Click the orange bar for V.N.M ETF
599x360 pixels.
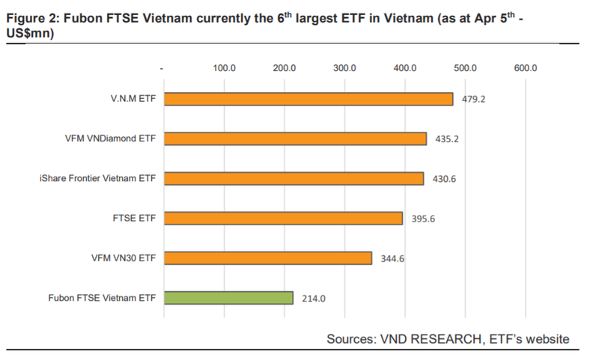pos(308,99)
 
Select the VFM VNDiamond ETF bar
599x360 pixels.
pos(295,138)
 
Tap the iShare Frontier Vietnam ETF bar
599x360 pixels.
pos(294,178)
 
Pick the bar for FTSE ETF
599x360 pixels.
pos(283,218)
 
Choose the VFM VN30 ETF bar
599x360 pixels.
pos(267,257)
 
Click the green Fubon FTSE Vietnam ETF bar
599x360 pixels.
pos(228,298)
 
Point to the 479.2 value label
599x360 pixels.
pos(475,99)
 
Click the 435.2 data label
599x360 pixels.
pos(448,139)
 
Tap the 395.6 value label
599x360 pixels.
pos(424,219)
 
